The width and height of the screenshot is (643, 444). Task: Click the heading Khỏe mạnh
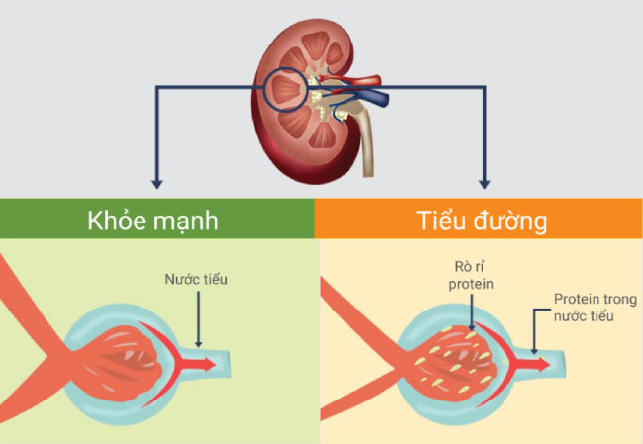(156, 219)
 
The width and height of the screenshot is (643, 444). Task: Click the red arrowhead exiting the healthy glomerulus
(212, 364)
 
